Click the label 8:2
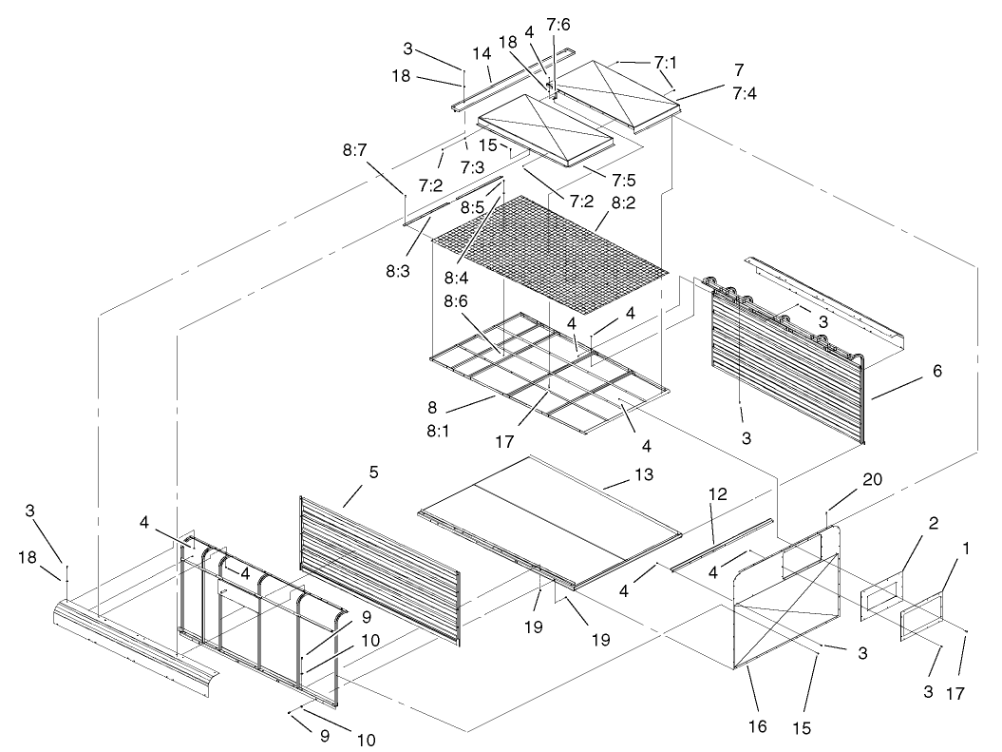click(623, 202)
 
